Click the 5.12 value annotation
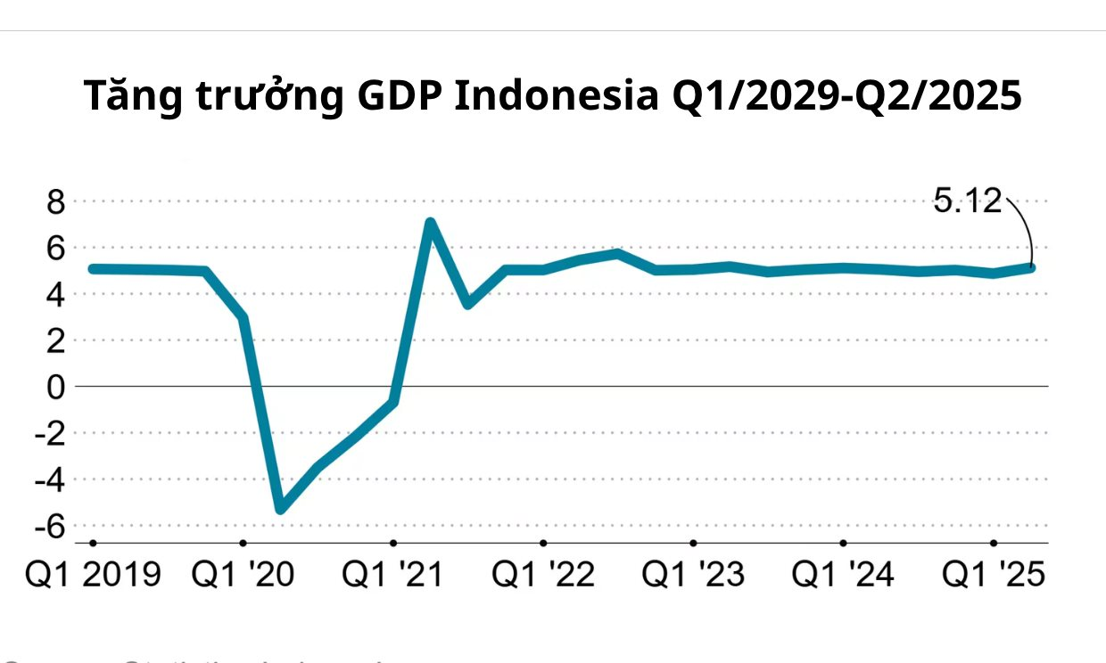click(969, 201)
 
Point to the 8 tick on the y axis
click(56, 201)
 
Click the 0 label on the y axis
click(56, 387)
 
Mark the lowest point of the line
click(280, 509)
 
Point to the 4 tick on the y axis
click(56, 294)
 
